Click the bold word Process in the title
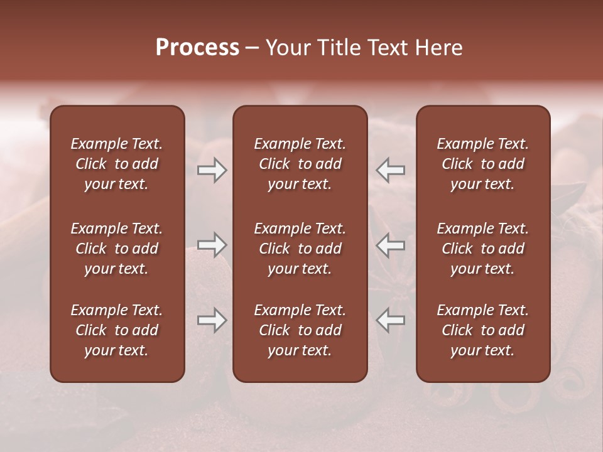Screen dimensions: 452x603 197,48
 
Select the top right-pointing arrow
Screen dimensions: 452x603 212,170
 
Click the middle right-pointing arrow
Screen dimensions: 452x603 212,245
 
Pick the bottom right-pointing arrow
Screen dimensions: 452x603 212,320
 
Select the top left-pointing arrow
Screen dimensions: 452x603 391,170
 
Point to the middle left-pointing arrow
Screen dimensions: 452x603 391,245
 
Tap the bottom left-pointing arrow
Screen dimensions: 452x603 391,320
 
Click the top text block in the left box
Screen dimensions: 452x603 117,164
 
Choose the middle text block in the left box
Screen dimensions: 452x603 117,249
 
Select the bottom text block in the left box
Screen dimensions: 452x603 117,330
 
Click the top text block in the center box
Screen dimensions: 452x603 300,164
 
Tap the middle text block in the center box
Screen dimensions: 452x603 300,249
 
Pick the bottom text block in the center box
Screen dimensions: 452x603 300,330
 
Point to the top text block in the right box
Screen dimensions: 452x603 483,164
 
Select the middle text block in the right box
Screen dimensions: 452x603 483,249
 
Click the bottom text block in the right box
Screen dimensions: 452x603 483,330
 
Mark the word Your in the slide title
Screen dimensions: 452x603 286,48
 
